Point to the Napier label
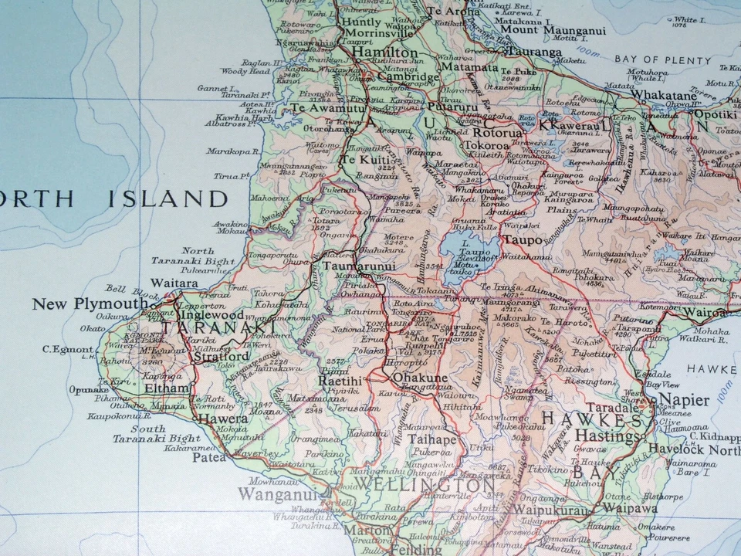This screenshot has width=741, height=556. coord(682,400)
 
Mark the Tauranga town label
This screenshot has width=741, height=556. coord(534,53)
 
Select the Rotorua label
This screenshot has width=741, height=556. coord(490,131)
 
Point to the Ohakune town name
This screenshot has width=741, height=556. coord(421,378)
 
